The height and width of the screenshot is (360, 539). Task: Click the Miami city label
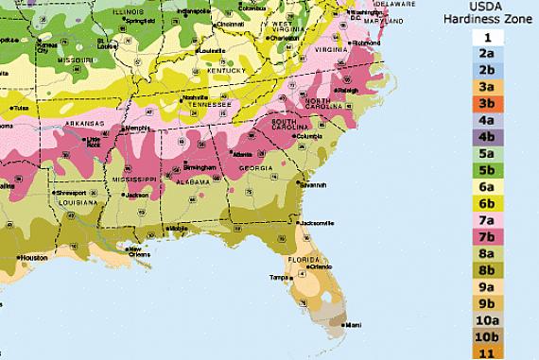[x=352, y=324]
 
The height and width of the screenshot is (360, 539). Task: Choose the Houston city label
[x=33, y=257]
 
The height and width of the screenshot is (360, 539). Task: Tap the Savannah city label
[x=314, y=185]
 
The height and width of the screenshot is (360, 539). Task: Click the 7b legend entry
[x=487, y=235]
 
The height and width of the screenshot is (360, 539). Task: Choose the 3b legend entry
[x=487, y=103]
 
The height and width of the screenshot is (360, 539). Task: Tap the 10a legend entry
[x=487, y=318]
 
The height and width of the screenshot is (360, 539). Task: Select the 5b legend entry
[x=487, y=169]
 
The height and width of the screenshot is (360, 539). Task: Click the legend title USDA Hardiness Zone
[x=486, y=14]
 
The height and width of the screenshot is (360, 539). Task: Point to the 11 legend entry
[x=487, y=351]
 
